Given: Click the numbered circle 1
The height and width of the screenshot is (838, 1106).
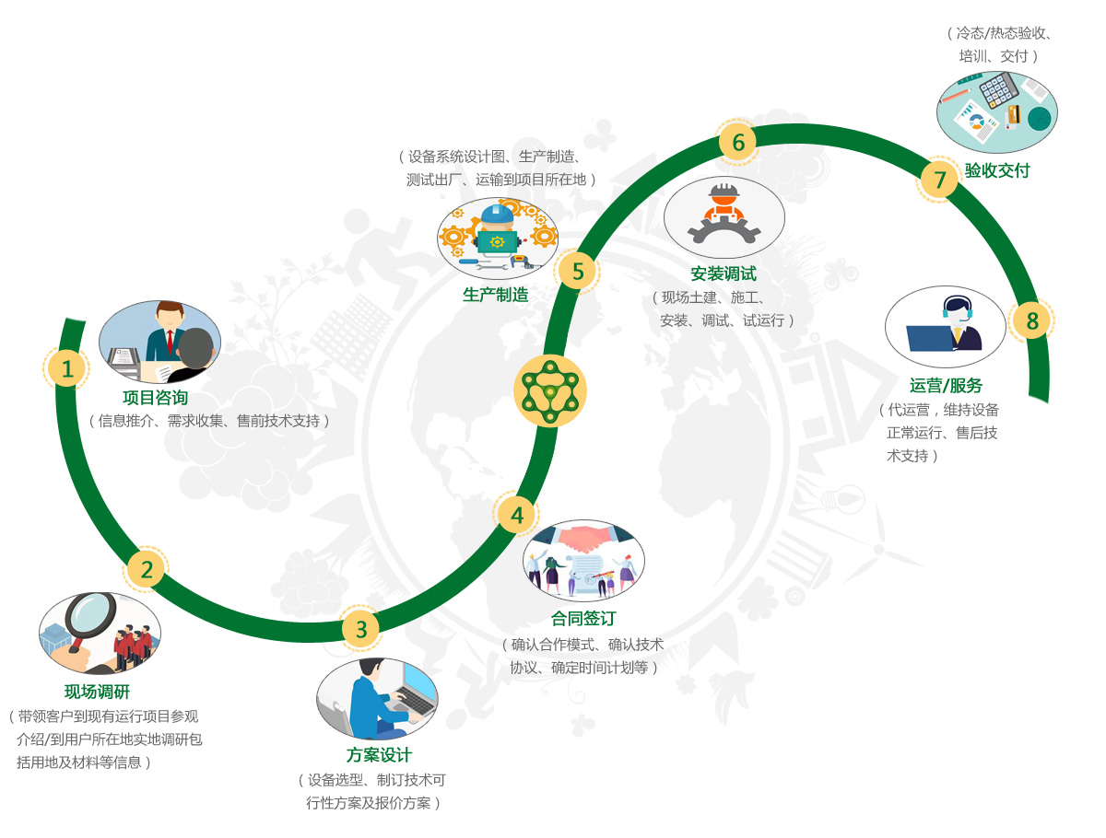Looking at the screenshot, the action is (x=66, y=368).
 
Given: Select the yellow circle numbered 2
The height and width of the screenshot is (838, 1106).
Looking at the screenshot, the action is (x=146, y=568).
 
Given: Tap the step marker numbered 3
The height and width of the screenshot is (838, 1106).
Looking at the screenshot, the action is (x=360, y=628).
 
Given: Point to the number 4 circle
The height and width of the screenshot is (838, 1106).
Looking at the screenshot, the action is (x=516, y=514).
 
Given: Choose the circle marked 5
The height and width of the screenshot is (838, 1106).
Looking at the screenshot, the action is (x=577, y=271).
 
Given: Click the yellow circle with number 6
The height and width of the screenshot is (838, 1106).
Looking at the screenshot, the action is (x=737, y=142).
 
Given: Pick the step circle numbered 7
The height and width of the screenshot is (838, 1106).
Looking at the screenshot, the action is (x=938, y=180).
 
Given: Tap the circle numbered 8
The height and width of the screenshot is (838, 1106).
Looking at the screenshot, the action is (x=1031, y=320).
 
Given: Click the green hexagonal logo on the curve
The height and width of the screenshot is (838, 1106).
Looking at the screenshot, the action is (x=549, y=390).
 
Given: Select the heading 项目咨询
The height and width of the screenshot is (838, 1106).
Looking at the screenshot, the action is (x=155, y=397).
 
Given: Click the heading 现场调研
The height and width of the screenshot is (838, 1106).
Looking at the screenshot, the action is (x=97, y=691).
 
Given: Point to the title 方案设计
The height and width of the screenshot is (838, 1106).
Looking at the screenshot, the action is (x=379, y=754).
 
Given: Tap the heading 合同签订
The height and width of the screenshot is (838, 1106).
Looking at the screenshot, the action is (x=583, y=618).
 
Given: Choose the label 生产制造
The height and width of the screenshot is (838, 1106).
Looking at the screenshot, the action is (x=495, y=295).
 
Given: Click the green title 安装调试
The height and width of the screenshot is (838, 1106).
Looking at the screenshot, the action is (x=724, y=274).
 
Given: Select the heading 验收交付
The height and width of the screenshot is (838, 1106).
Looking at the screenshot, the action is (x=996, y=170).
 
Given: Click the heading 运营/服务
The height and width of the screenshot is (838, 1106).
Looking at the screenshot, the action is (x=946, y=385).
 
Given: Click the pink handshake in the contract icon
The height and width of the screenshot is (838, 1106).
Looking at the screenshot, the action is (x=583, y=538).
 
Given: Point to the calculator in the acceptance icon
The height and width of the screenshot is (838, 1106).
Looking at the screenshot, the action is (x=998, y=89).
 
